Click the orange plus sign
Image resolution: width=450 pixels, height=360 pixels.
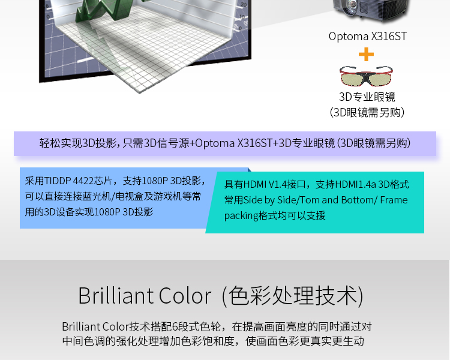tap(366, 54)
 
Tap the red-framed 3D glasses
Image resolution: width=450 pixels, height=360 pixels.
tap(366, 76)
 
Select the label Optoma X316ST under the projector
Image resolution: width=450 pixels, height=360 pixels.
tap(368, 37)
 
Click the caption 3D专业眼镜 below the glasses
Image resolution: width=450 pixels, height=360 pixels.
tap(367, 97)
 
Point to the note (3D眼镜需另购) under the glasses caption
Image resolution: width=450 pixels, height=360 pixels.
tap(367, 112)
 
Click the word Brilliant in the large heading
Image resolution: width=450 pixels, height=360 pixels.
tap(116, 295)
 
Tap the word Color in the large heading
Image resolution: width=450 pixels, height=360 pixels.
tap(185, 296)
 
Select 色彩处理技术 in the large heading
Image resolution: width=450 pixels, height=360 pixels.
tap(293, 296)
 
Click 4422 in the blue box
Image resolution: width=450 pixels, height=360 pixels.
tap(83, 181)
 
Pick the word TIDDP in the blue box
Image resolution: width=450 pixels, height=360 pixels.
tap(58, 181)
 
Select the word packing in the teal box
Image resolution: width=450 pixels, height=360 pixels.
tap(241, 216)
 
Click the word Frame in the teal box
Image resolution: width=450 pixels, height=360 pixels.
tap(394, 200)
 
